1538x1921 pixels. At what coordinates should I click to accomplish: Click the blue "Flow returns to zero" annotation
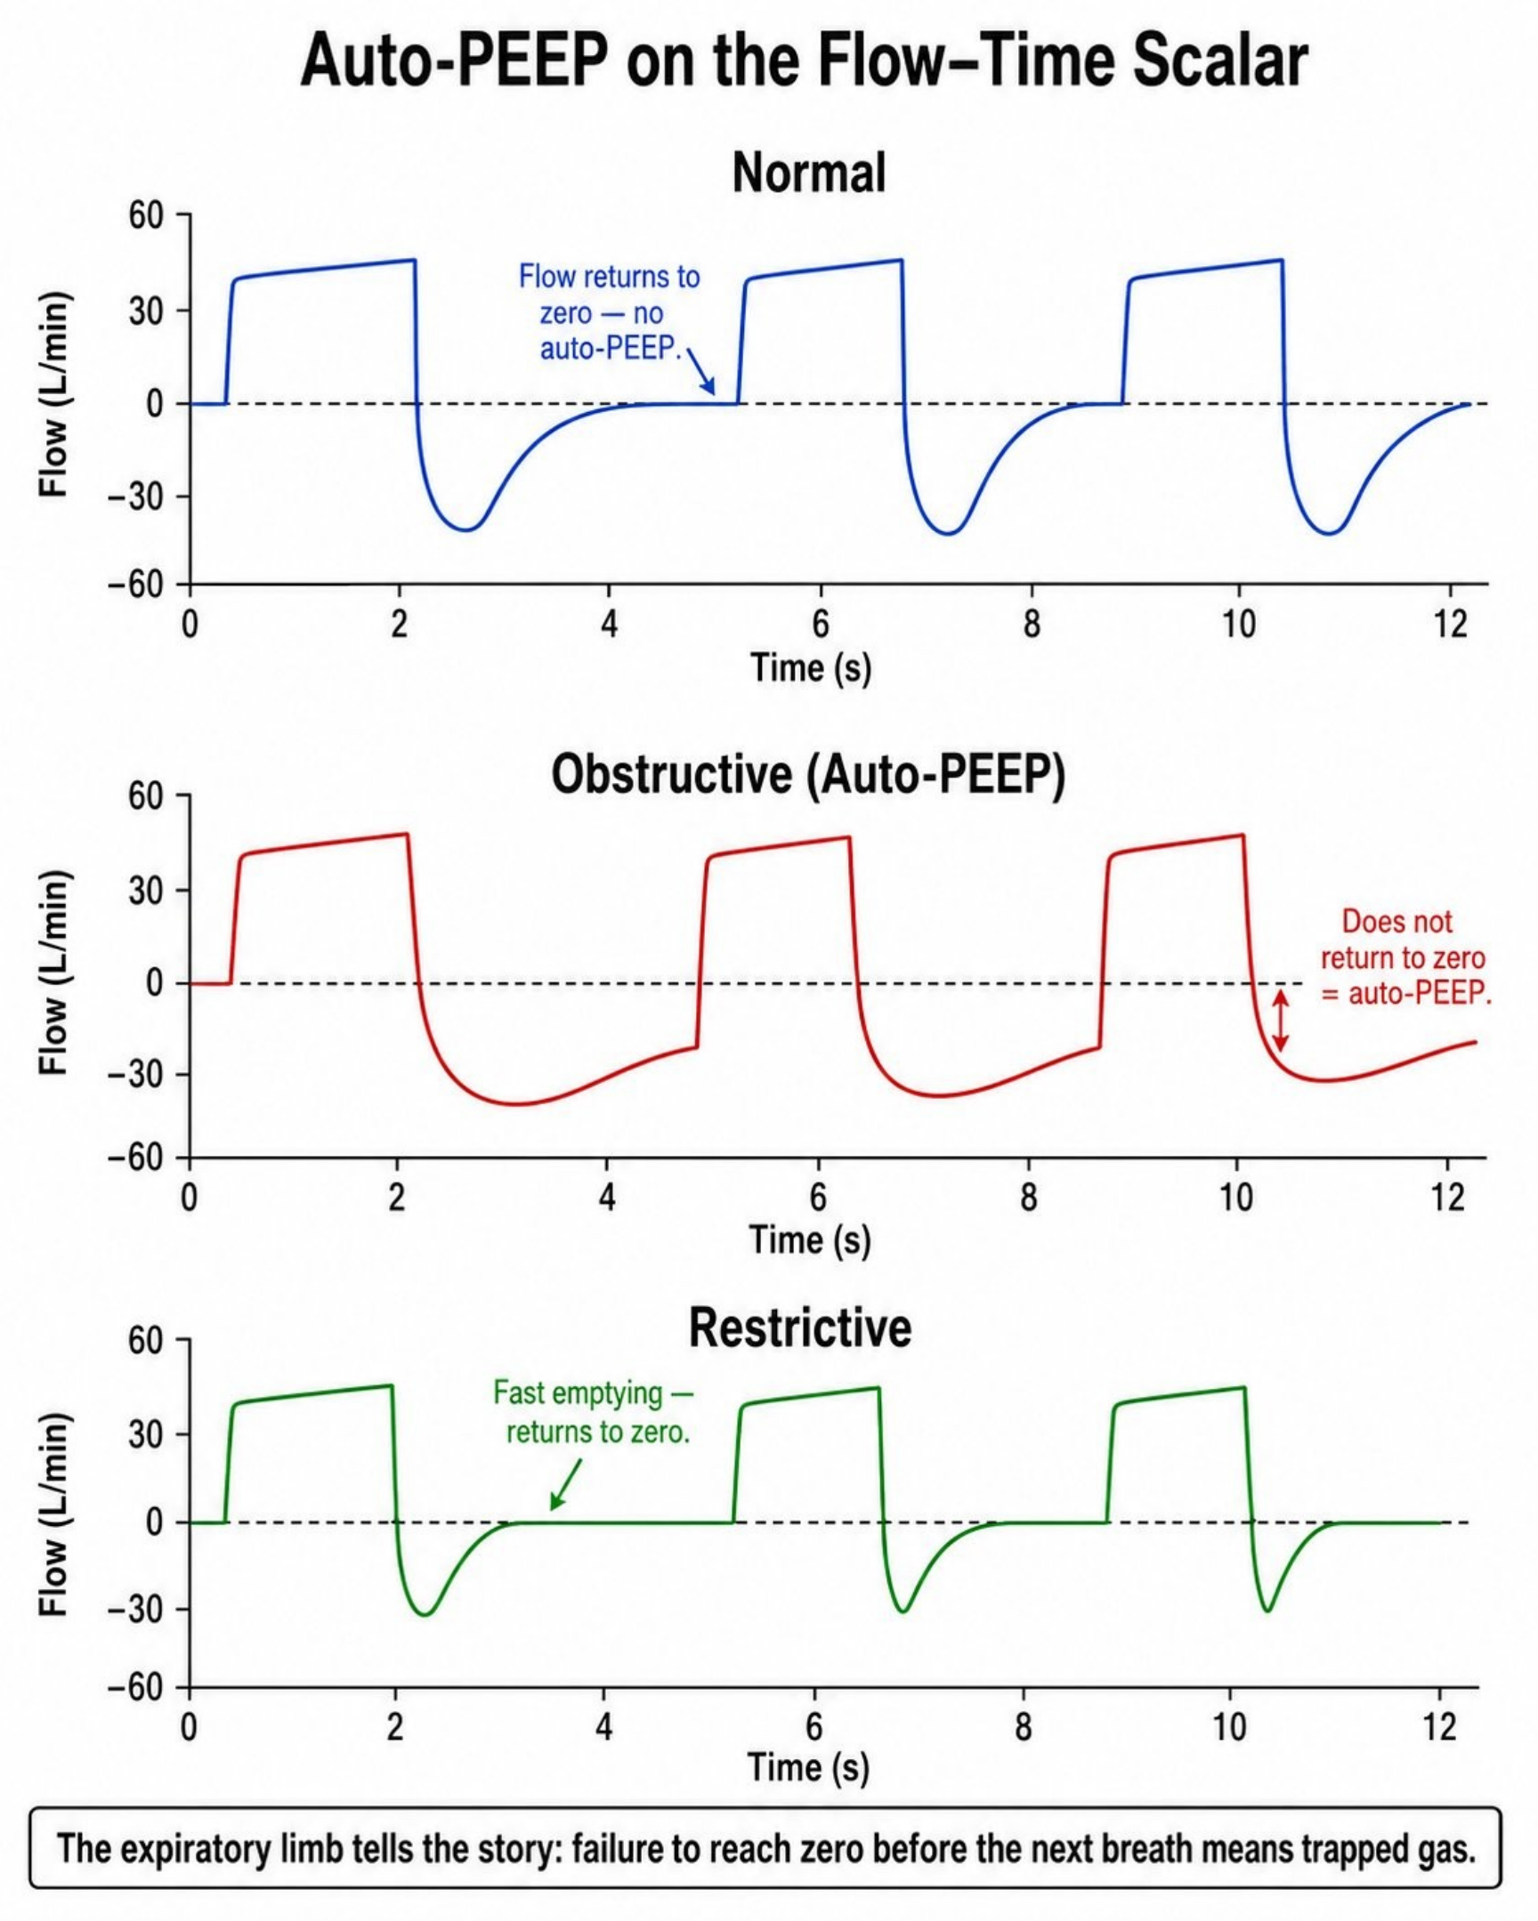610,311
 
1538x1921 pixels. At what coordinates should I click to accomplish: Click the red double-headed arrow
1280,1021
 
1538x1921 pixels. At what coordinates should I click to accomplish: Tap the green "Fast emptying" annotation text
593,1412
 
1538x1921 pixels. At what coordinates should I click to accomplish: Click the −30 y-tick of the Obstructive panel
136,1074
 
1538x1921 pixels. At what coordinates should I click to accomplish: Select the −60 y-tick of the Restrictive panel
136,1689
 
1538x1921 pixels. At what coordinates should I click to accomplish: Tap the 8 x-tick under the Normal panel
1032,624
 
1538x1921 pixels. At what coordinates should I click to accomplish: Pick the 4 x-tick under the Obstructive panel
607,1197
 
